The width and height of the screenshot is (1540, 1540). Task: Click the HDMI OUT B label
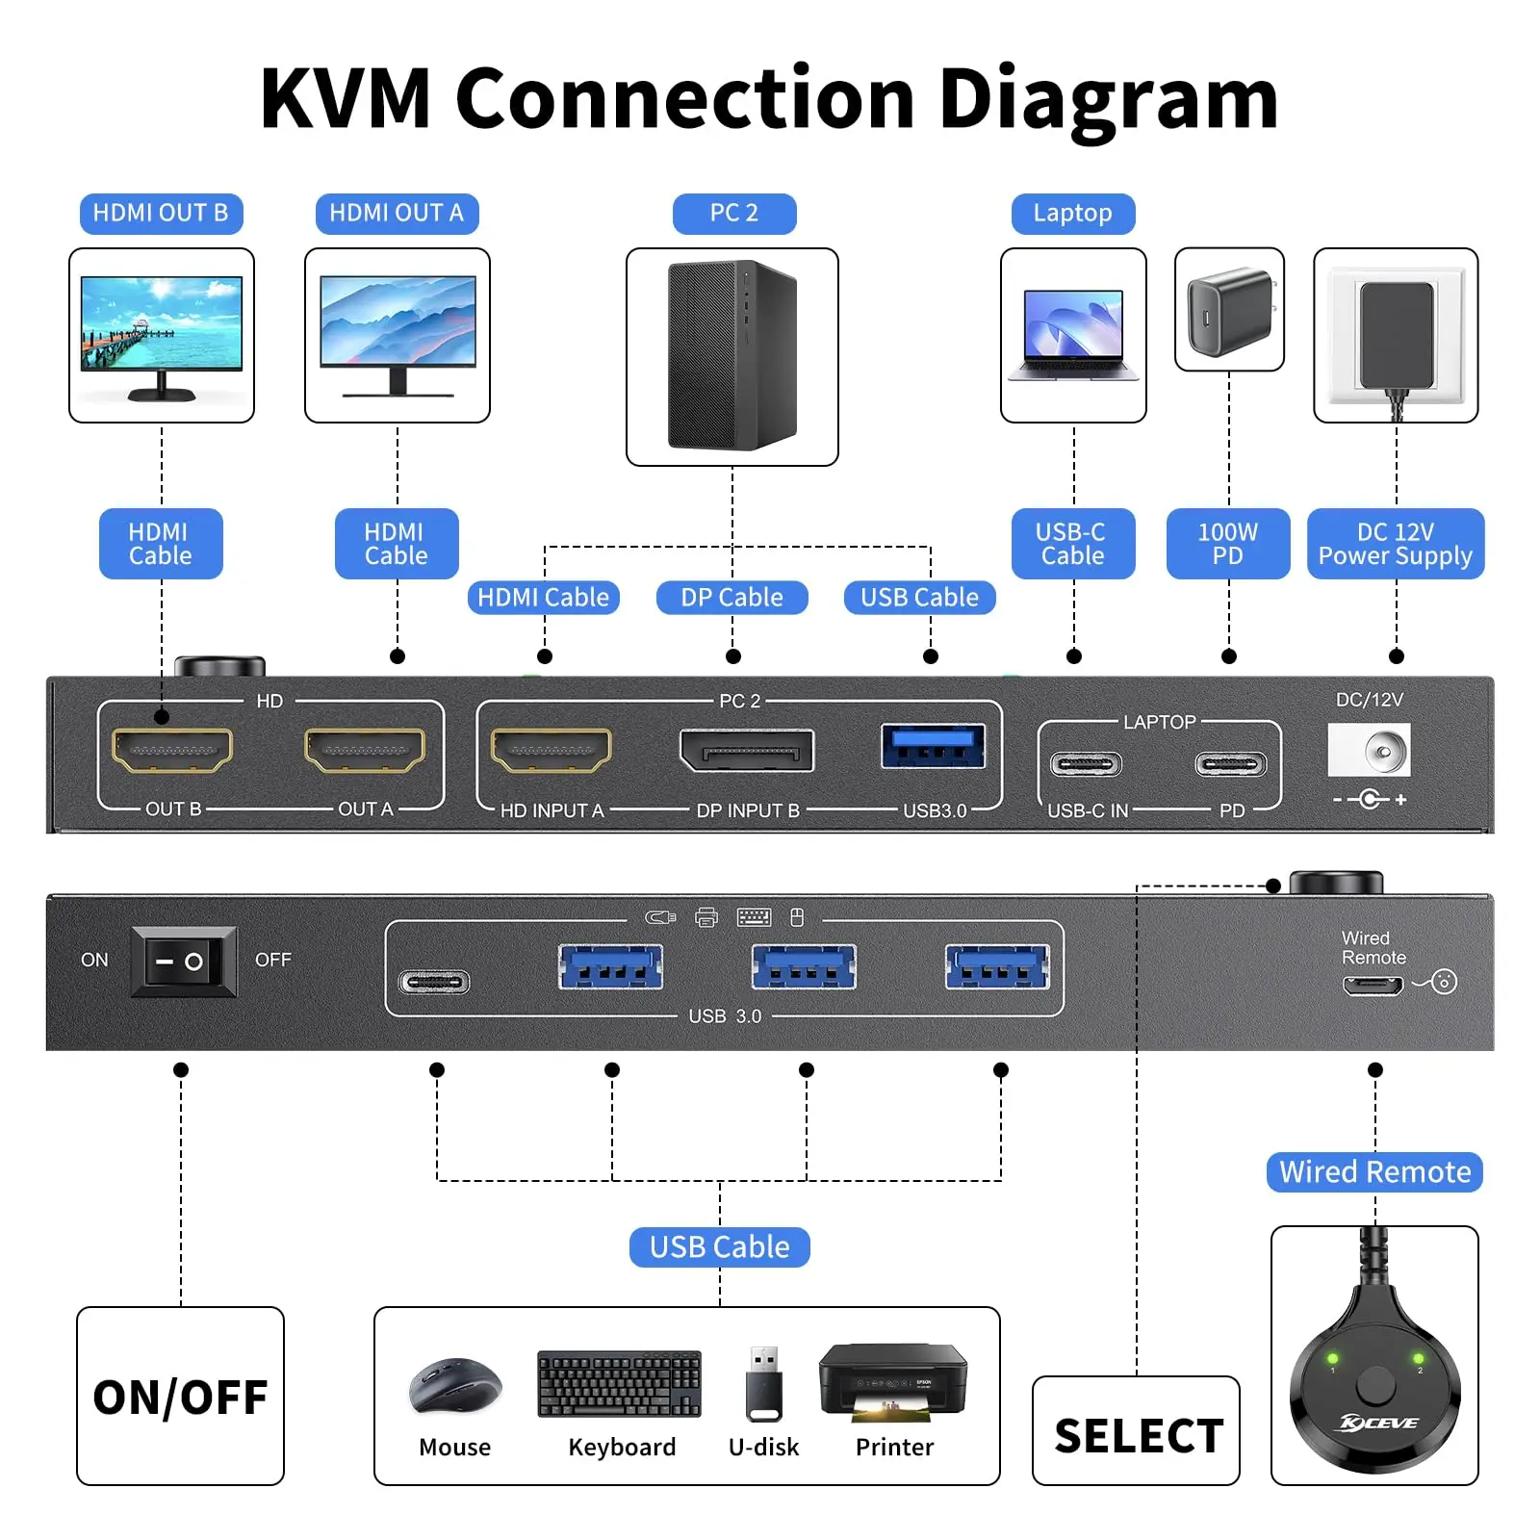161,213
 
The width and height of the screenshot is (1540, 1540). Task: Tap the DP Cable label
731,598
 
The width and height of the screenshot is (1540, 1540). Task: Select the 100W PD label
1228,544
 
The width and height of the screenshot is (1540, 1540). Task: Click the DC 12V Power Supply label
1396,544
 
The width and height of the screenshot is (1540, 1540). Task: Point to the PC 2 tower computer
732,355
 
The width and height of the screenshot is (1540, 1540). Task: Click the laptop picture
1073,335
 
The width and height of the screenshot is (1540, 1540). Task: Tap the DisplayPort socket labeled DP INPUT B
747,751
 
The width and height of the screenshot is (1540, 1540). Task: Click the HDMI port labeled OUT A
365,750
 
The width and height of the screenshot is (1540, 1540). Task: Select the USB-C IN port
1087,765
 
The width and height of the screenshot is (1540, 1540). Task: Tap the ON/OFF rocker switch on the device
184,962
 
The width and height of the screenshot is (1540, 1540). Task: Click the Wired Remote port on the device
1373,986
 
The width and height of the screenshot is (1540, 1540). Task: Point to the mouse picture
455,1385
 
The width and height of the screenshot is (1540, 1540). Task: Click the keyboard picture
620,1384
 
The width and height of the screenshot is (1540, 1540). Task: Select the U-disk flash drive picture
764,1384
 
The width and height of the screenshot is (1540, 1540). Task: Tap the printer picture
893,1382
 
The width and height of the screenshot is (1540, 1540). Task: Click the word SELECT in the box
1139,1436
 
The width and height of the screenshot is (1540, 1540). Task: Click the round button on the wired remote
1374,1387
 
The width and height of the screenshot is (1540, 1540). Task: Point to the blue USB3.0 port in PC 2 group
934,746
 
